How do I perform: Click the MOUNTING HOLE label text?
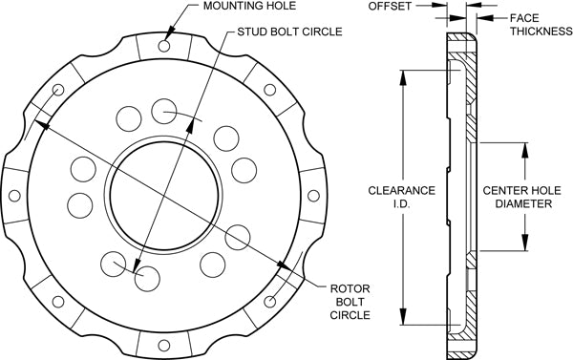[x=249, y=6]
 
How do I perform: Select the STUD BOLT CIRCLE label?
[x=289, y=32]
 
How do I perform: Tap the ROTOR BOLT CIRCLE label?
[x=350, y=302]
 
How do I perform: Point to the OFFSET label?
[x=390, y=7]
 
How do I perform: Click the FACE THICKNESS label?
[x=541, y=25]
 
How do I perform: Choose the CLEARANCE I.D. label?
[x=402, y=198]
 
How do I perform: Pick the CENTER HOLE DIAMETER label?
[x=521, y=197]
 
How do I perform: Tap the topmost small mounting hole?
[x=164, y=46]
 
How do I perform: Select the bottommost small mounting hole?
[x=164, y=346]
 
